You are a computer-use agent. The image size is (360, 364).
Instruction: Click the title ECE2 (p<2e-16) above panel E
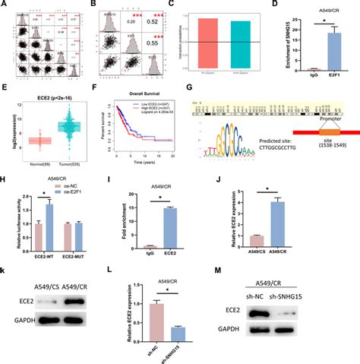pyautogui.click(x=49, y=97)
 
